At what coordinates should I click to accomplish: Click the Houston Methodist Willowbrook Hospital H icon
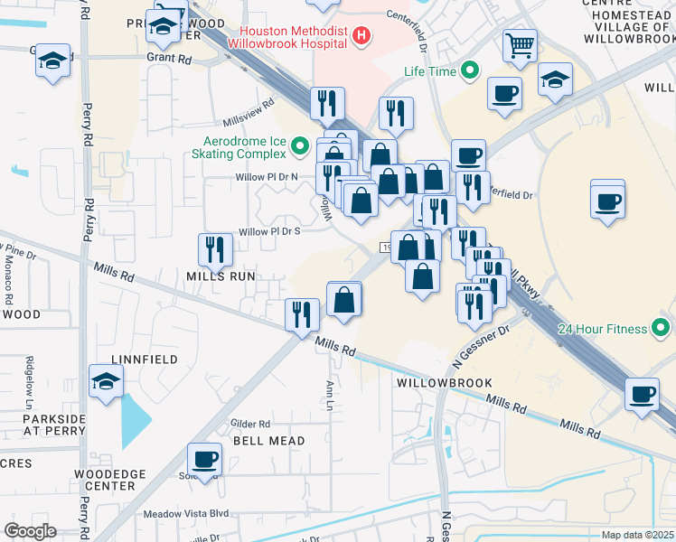coord(361,36)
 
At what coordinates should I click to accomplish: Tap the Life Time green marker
coord(470,70)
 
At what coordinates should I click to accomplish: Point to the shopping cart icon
coord(521,45)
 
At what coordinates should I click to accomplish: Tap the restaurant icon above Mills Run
coord(214,249)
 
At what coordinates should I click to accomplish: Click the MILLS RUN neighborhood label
coord(221,276)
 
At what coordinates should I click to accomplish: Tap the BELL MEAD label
coord(268,440)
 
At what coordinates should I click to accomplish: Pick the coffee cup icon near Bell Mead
coord(205,458)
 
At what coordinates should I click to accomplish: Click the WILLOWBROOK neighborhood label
coord(443,383)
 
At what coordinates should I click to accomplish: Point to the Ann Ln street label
coord(330,394)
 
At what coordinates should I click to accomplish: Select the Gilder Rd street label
coord(250,424)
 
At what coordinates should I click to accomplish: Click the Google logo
coord(31,530)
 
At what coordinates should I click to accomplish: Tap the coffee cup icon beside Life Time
coord(503,92)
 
